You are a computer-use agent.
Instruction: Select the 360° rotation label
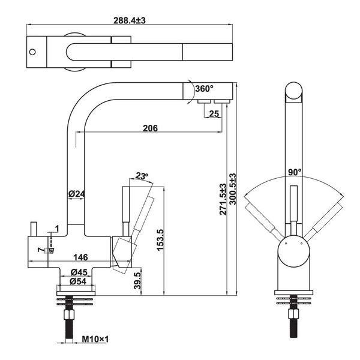203,89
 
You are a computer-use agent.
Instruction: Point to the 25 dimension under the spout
215,114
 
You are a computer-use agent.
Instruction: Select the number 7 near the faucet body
40,249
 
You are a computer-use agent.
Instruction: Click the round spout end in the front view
293,93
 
